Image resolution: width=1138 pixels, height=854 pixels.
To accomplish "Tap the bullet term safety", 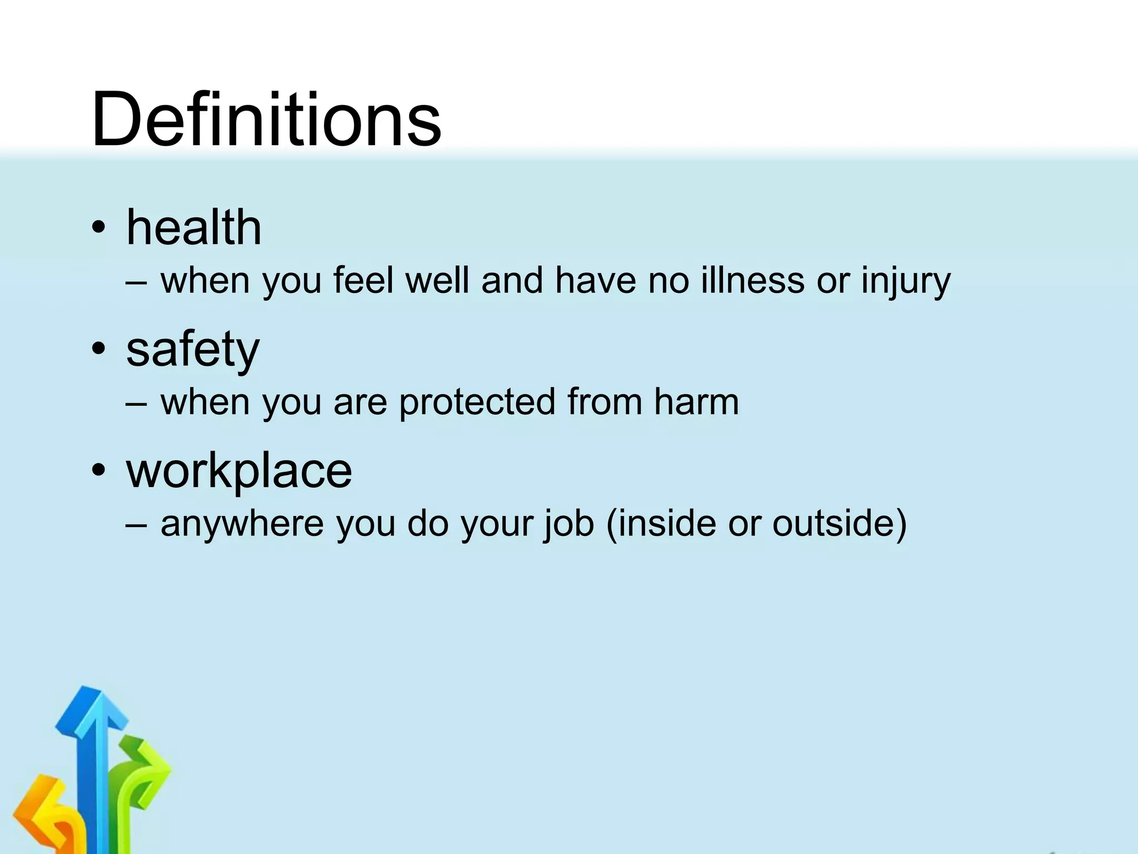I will (192, 350).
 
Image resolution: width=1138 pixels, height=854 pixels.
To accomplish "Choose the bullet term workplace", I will (239, 471).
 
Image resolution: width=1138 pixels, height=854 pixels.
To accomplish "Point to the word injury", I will (906, 281).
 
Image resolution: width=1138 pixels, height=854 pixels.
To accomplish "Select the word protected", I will (477, 401).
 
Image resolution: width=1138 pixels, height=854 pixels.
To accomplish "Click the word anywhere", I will (242, 524).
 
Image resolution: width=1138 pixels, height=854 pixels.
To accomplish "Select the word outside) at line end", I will (839, 523).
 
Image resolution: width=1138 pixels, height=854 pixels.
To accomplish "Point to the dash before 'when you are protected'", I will (137, 403).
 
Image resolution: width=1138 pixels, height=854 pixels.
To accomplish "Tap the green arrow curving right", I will (144, 770).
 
